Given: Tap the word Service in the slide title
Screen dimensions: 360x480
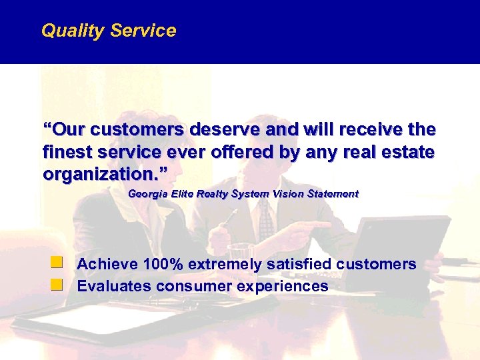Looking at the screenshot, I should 143,31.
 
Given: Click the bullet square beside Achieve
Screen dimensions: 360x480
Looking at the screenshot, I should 59,263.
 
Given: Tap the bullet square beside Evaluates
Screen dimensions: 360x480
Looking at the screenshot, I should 59,285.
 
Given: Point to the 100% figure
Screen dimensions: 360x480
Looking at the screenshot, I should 163,265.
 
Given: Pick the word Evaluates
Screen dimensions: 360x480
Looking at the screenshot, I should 114,287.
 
